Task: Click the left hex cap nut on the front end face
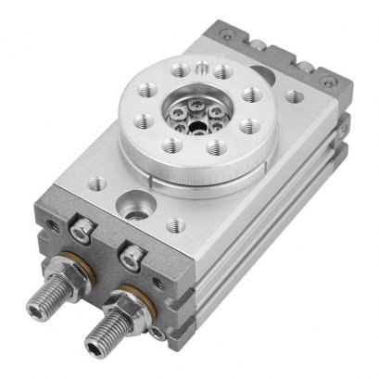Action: pyautogui.click(x=81, y=235)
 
